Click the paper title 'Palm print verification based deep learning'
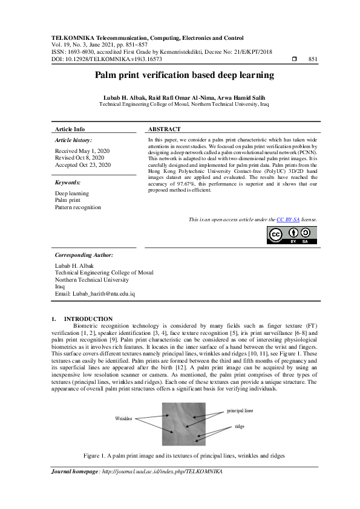pos(184,76)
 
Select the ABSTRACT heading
pos(164,129)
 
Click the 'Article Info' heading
pos(70,129)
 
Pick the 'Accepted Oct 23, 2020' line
pos(83,164)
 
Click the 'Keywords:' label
pos(68,182)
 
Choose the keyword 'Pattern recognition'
pos(78,207)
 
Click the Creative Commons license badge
pos(292,235)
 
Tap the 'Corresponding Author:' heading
pos(83,255)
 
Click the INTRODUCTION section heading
pos(88,319)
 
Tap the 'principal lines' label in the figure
pos(240,411)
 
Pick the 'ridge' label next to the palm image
pos(240,427)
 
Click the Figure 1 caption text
pos(184,455)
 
